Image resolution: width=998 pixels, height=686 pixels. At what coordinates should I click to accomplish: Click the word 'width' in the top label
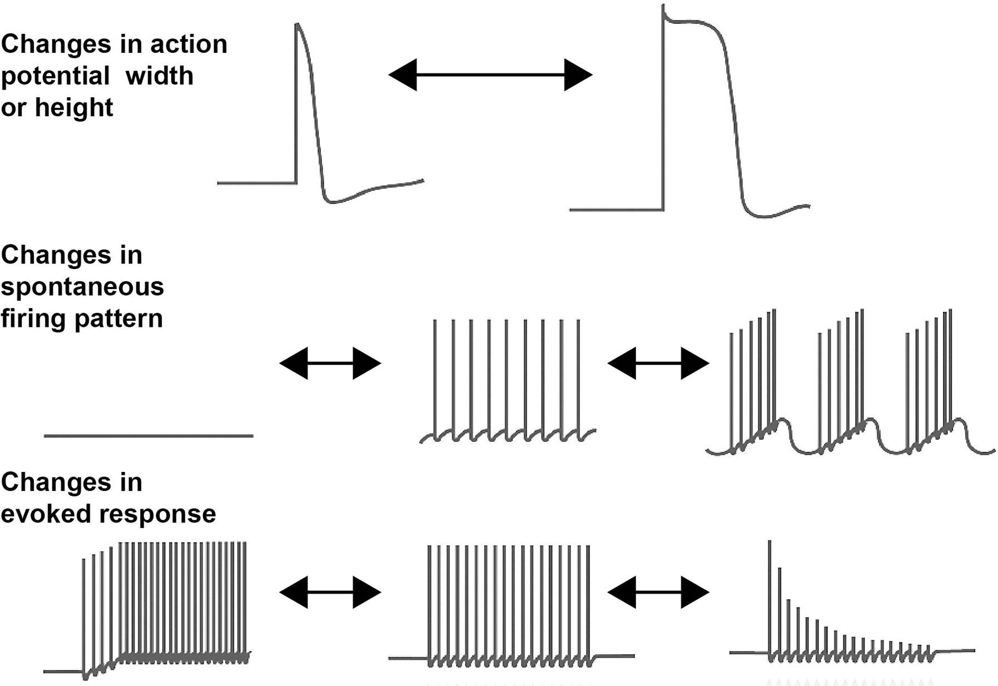click(x=159, y=76)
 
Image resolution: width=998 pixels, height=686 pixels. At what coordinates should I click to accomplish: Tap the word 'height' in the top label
click(x=74, y=107)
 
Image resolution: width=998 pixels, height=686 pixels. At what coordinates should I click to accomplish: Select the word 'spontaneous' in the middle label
click(x=82, y=287)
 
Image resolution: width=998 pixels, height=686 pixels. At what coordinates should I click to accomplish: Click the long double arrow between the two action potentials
click(x=490, y=74)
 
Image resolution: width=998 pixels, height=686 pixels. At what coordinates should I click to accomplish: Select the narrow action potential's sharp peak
click(x=297, y=26)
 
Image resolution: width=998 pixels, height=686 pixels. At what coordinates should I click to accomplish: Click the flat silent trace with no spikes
click(x=148, y=436)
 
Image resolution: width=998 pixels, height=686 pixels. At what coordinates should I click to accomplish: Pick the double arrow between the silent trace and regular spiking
click(x=330, y=364)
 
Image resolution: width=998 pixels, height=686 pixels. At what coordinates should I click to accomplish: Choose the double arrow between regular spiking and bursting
click(x=658, y=364)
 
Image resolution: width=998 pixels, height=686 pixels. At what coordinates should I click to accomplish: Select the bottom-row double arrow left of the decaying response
click(x=658, y=593)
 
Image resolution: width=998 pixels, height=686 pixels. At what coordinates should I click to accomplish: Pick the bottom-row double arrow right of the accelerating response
click(x=330, y=593)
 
